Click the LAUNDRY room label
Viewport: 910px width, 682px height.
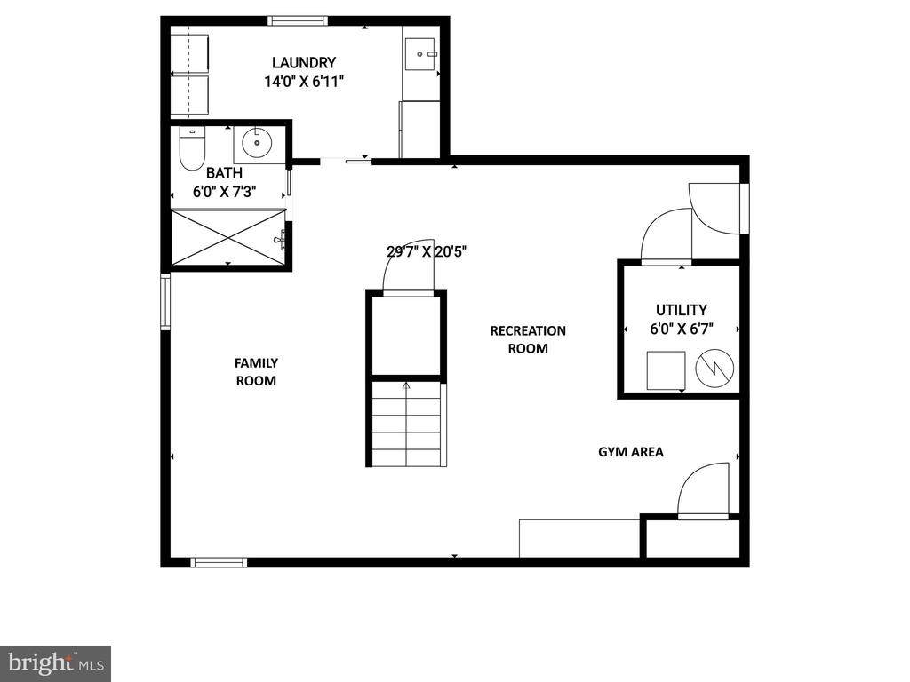[x=304, y=63]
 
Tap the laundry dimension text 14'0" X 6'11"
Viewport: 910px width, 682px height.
[x=304, y=82]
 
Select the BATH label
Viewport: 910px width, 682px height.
[x=224, y=173]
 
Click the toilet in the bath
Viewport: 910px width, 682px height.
[x=192, y=149]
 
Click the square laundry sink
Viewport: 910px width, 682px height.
[x=419, y=54]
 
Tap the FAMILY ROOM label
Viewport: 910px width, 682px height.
[x=256, y=372]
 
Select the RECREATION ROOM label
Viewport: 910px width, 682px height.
[x=528, y=339]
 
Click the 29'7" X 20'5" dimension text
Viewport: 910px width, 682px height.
[x=427, y=251]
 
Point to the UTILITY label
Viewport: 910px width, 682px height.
[x=682, y=310]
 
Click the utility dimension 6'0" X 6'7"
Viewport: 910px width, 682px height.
[x=682, y=329]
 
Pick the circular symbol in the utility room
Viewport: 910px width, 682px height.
[x=714, y=369]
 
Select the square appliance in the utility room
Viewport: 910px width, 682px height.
[x=666, y=370]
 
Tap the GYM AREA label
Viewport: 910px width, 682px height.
[x=631, y=452]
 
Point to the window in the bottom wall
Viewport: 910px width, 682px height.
[x=219, y=562]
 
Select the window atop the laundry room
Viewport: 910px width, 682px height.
[x=298, y=21]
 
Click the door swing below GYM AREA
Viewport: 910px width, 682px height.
[x=704, y=488]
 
